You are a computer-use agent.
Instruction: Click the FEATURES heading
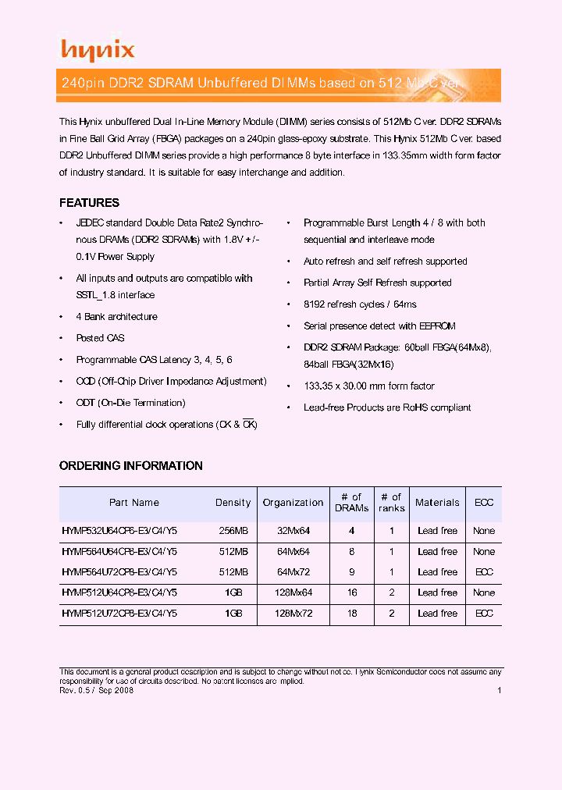coord(89,203)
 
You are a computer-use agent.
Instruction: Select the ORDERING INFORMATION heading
coord(130,466)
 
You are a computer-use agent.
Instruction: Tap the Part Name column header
coord(133,503)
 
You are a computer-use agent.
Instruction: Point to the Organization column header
coord(293,503)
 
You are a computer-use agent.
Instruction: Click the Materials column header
coord(437,503)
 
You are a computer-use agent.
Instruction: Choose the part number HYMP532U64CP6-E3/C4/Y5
coord(119,531)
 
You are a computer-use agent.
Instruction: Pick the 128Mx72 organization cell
coord(293,614)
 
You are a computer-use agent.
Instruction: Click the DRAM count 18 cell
coord(352,614)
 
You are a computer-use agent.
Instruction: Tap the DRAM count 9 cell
coord(352,572)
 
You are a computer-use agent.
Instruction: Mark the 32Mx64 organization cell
coord(293,531)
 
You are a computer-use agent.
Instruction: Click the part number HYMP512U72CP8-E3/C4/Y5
coord(119,614)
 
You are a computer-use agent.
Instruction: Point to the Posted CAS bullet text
coord(100,338)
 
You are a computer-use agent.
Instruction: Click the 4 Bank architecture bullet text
coord(116,317)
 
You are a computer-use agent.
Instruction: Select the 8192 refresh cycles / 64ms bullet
coord(360,304)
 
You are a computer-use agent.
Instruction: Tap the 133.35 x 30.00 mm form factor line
coord(368,386)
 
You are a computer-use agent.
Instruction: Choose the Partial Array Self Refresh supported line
coord(377,283)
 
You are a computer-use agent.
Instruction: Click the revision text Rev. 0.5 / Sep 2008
coord(97,690)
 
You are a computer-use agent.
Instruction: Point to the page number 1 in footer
coord(499,690)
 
